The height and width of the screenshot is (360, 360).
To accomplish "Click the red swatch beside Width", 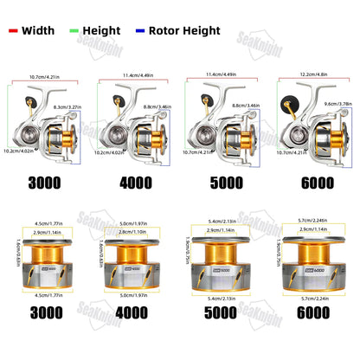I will tap(14, 29).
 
